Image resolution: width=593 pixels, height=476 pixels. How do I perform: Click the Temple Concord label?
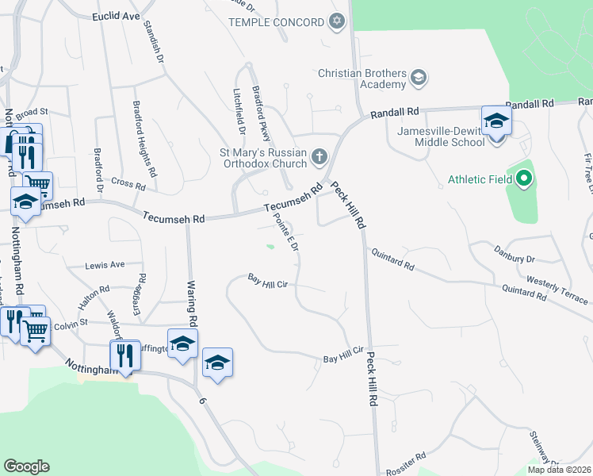277,22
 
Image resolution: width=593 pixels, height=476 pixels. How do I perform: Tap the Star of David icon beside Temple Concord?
337,21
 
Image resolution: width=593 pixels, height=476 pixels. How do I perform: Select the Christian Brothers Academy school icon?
419,78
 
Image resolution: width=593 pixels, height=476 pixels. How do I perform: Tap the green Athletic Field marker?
523,179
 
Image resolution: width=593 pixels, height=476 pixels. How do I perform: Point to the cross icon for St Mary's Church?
319,155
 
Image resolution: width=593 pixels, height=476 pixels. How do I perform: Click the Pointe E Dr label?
285,232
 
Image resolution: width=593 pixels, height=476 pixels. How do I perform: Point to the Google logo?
26,466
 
